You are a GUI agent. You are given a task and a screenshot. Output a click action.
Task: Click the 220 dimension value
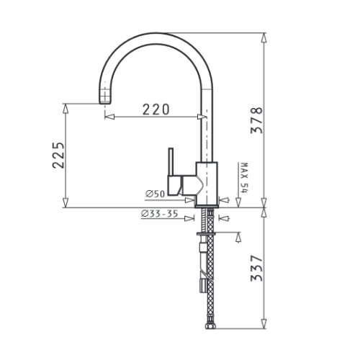tap(156, 109)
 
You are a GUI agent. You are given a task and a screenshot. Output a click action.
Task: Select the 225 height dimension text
tap(58, 156)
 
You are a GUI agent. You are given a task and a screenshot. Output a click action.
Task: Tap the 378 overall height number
tap(256, 120)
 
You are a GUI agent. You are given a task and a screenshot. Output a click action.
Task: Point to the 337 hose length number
tap(256, 268)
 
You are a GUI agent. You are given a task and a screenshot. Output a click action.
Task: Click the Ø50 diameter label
tap(156, 194)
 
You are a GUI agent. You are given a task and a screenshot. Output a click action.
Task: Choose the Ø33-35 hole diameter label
tap(160, 213)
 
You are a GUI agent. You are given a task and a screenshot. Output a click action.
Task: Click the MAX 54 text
tap(244, 178)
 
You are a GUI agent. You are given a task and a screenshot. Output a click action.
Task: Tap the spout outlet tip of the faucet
tap(105, 102)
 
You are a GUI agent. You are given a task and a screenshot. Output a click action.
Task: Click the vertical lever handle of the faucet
tap(171, 161)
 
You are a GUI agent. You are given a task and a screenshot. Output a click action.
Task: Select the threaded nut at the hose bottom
tap(211, 326)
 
